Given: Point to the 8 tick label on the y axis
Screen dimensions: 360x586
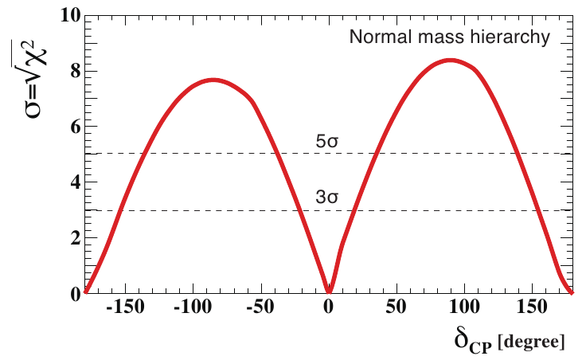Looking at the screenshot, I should pos(72,71).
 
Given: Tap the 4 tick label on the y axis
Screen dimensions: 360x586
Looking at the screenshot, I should pos(72,182).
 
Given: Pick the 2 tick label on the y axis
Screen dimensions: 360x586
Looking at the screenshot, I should pos(72,238).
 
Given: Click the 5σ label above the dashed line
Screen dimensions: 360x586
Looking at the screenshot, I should pos(327,143).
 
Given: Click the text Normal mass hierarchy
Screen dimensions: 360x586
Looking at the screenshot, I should pos(447,37).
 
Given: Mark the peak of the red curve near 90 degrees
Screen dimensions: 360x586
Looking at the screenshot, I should pos(451,60).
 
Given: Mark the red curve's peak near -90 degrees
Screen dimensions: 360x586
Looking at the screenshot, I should pos(213,80).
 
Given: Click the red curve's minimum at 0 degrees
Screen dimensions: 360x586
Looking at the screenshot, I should pos(328,292).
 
